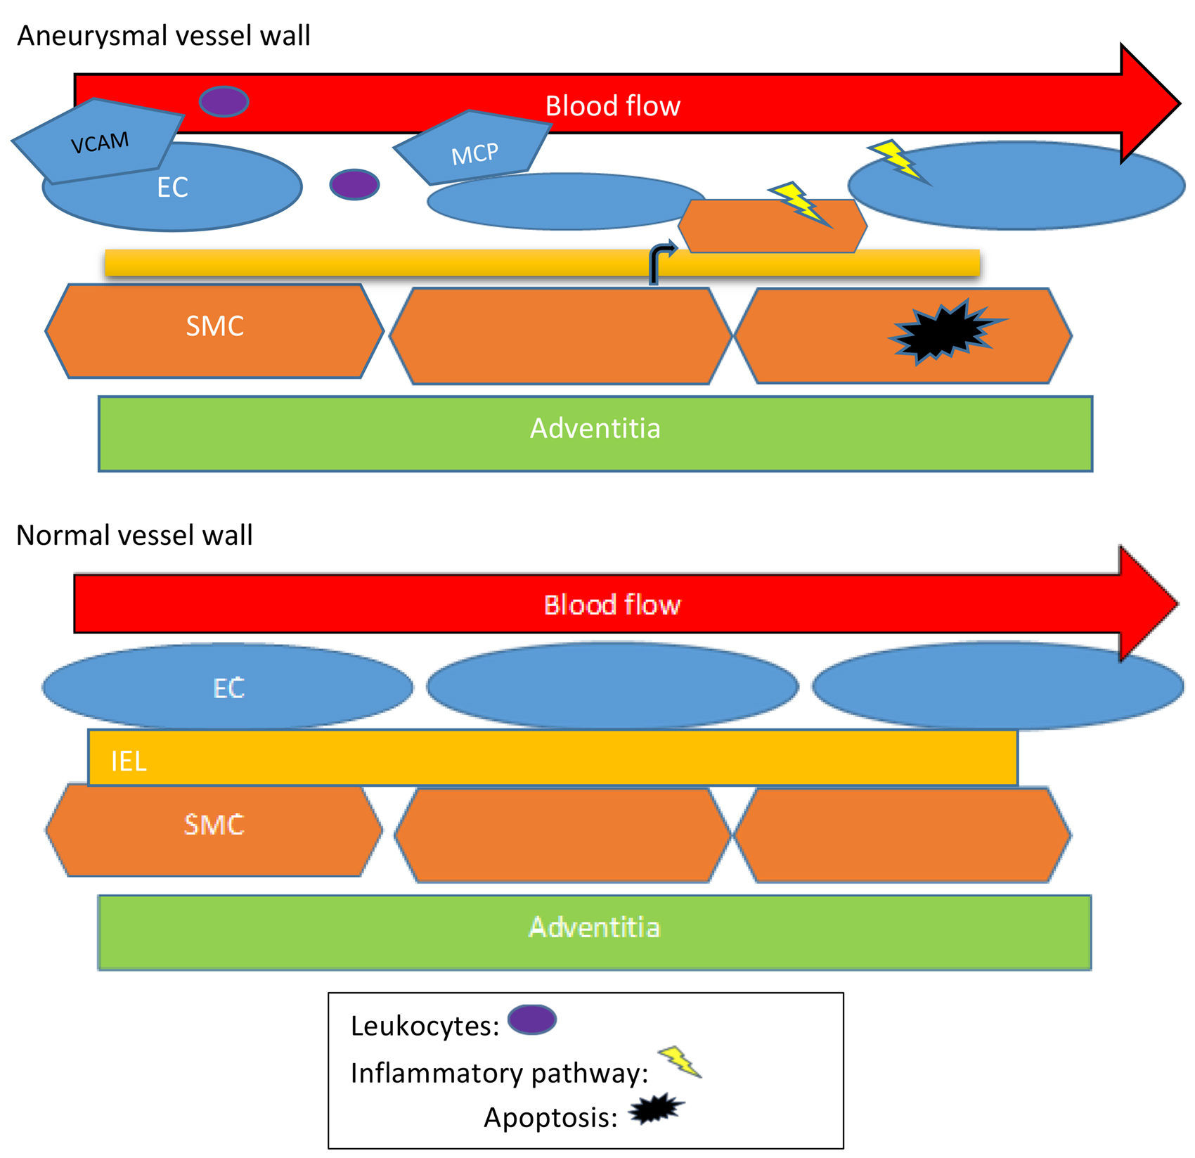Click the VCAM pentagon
point(98,141)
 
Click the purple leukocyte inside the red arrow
point(224,102)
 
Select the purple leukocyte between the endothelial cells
point(354,185)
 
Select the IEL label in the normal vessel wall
point(129,761)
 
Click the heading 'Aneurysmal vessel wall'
point(163,36)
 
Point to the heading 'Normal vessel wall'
point(134,536)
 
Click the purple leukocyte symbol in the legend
point(532,1020)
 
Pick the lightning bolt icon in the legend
point(680,1062)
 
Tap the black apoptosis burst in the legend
point(656,1109)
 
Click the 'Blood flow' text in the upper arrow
point(612,106)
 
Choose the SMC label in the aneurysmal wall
point(214,326)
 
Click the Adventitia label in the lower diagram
point(594,927)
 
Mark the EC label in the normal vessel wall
point(228,688)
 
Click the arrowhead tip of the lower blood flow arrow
point(1175,603)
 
